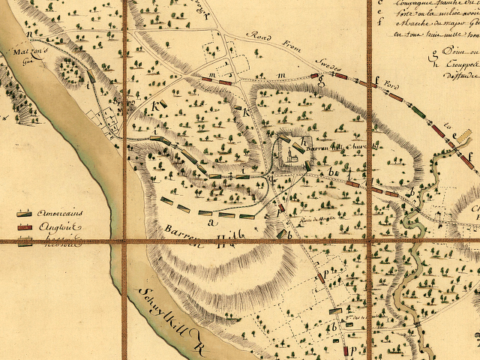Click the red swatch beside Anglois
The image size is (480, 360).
pyautogui.click(x=25, y=226)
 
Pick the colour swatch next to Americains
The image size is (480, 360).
pyautogui.click(x=25, y=212)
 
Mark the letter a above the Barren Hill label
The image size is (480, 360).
pyautogui.click(x=212, y=222)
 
